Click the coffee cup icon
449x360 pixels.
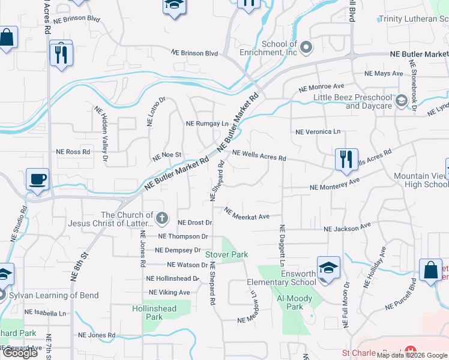pyautogui.click(x=38, y=179)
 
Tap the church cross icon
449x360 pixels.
pyautogui.click(x=161, y=217)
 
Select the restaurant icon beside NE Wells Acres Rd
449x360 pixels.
pyautogui.click(x=346, y=160)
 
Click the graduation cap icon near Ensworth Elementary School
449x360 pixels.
pyautogui.click(x=328, y=268)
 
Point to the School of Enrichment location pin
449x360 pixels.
pyautogui.click(x=306, y=47)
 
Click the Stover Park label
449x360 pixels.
pyautogui.click(x=227, y=254)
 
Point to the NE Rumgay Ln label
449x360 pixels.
pyautogui.click(x=207, y=124)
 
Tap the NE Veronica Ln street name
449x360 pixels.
pyautogui.click(x=318, y=131)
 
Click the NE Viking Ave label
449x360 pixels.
pyautogui.click(x=169, y=292)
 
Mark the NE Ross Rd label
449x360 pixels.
pyautogui.click(x=73, y=152)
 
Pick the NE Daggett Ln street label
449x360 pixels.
pyautogui.click(x=281, y=246)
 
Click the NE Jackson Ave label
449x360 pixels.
pyautogui.click(x=348, y=228)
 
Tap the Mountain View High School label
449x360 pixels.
pyautogui.click(x=421, y=180)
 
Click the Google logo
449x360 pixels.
pyautogui.click(x=20, y=353)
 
